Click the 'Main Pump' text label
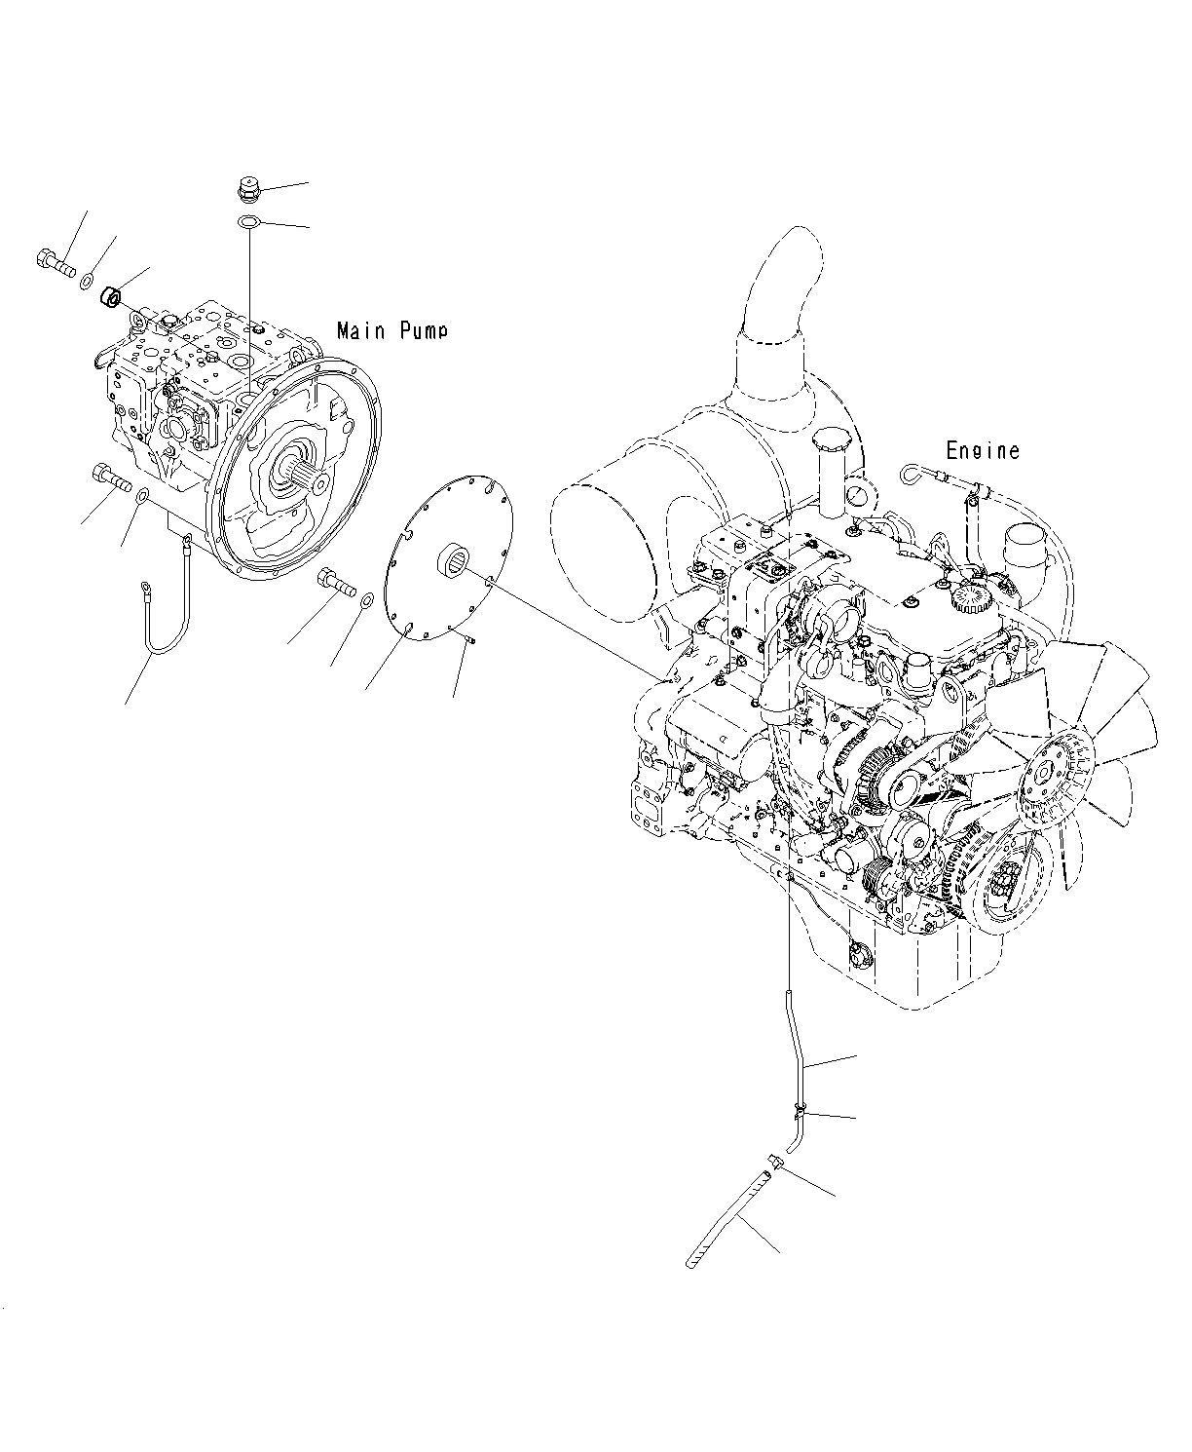(x=391, y=330)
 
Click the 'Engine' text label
(x=983, y=450)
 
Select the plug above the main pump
(x=249, y=187)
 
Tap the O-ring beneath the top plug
(x=248, y=223)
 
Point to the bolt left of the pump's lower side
(x=110, y=478)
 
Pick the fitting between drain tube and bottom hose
(x=776, y=1162)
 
